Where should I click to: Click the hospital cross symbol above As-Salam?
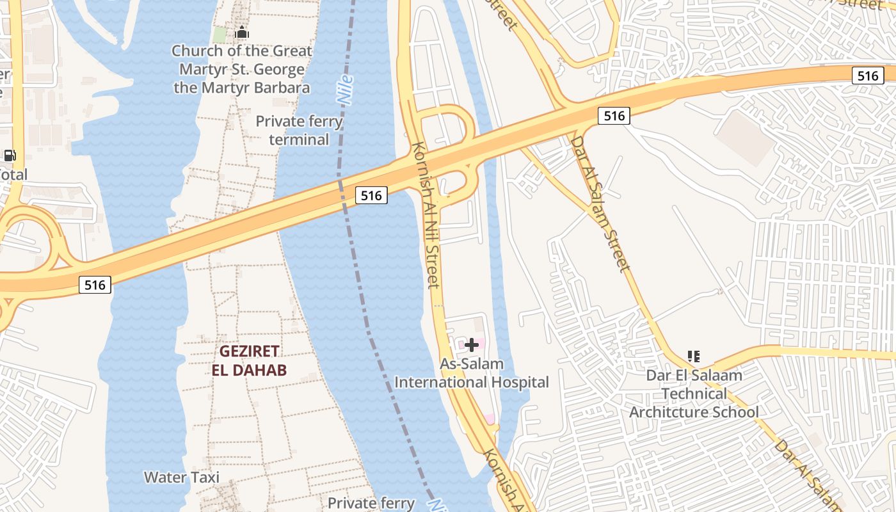tap(472, 345)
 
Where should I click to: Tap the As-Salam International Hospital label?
tap(472, 373)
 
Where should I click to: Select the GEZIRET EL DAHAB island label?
tap(249, 360)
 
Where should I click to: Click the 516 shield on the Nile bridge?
tap(371, 195)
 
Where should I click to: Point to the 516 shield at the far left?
tap(95, 285)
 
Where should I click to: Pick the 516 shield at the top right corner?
tap(868, 76)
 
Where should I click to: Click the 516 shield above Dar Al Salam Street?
tap(614, 116)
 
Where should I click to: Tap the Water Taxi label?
tap(182, 477)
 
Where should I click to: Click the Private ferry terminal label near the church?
tap(299, 130)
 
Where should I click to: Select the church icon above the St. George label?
tap(242, 32)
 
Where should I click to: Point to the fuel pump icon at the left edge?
tap(10, 155)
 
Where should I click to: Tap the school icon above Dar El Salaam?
tap(693, 356)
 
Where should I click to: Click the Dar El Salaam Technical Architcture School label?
tap(694, 393)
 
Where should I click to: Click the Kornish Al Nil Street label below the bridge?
tap(427, 214)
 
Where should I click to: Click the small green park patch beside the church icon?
tap(220, 35)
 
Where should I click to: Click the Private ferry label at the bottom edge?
tap(371, 503)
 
